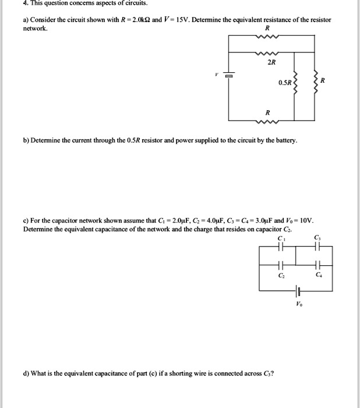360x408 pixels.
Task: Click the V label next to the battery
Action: click(216, 75)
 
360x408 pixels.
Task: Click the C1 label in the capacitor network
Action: click(282, 237)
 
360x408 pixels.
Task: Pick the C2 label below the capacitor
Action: click(282, 273)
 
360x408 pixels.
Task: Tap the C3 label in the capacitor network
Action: click(317, 237)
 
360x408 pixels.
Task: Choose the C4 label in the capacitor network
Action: click(317, 273)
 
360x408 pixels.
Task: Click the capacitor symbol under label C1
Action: click(282, 247)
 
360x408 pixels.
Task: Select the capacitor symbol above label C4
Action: click(317, 263)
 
